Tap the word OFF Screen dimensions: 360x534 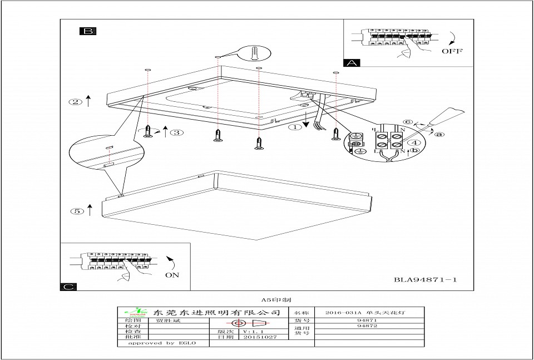pos(452,51)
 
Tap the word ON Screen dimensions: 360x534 pos(172,275)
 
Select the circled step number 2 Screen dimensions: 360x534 pos(75,102)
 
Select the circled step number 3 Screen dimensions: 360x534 pos(176,132)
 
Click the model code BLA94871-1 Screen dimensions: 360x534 pos(425,280)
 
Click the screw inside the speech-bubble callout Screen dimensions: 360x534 pos(255,53)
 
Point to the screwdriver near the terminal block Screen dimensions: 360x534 pos(445,119)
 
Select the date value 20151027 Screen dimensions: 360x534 pos(259,337)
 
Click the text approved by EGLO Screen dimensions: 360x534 pos(162,343)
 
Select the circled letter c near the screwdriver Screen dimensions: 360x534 pos(408,122)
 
